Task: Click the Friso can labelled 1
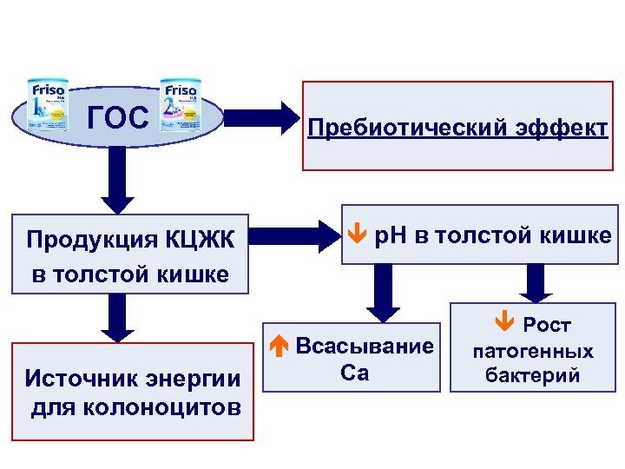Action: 48,107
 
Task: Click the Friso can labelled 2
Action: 180,107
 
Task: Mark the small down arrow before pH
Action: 352,234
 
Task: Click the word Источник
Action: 74,379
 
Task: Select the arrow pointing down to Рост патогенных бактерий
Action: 535,282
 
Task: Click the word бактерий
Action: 533,377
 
